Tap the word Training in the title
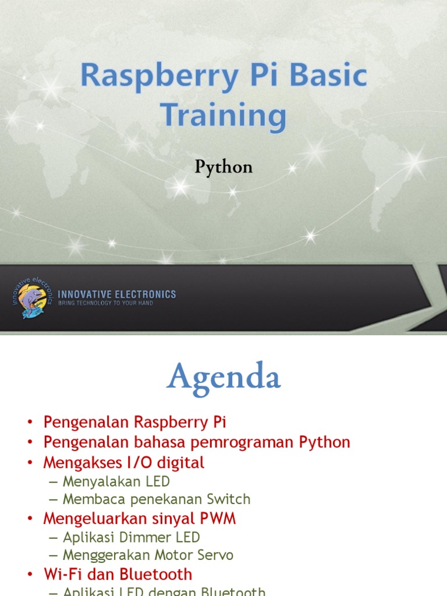point(223,115)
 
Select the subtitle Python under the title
point(223,168)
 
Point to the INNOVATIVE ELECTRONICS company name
point(116,295)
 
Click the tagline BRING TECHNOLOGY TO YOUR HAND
point(105,303)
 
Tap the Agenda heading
point(223,377)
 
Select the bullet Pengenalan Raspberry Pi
point(134,421)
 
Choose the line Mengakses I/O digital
point(124,463)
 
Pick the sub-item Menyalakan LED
point(116,481)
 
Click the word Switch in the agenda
point(230,499)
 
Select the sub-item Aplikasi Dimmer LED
point(131,537)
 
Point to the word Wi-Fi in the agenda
point(62,574)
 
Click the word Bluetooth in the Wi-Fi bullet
point(155,574)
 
